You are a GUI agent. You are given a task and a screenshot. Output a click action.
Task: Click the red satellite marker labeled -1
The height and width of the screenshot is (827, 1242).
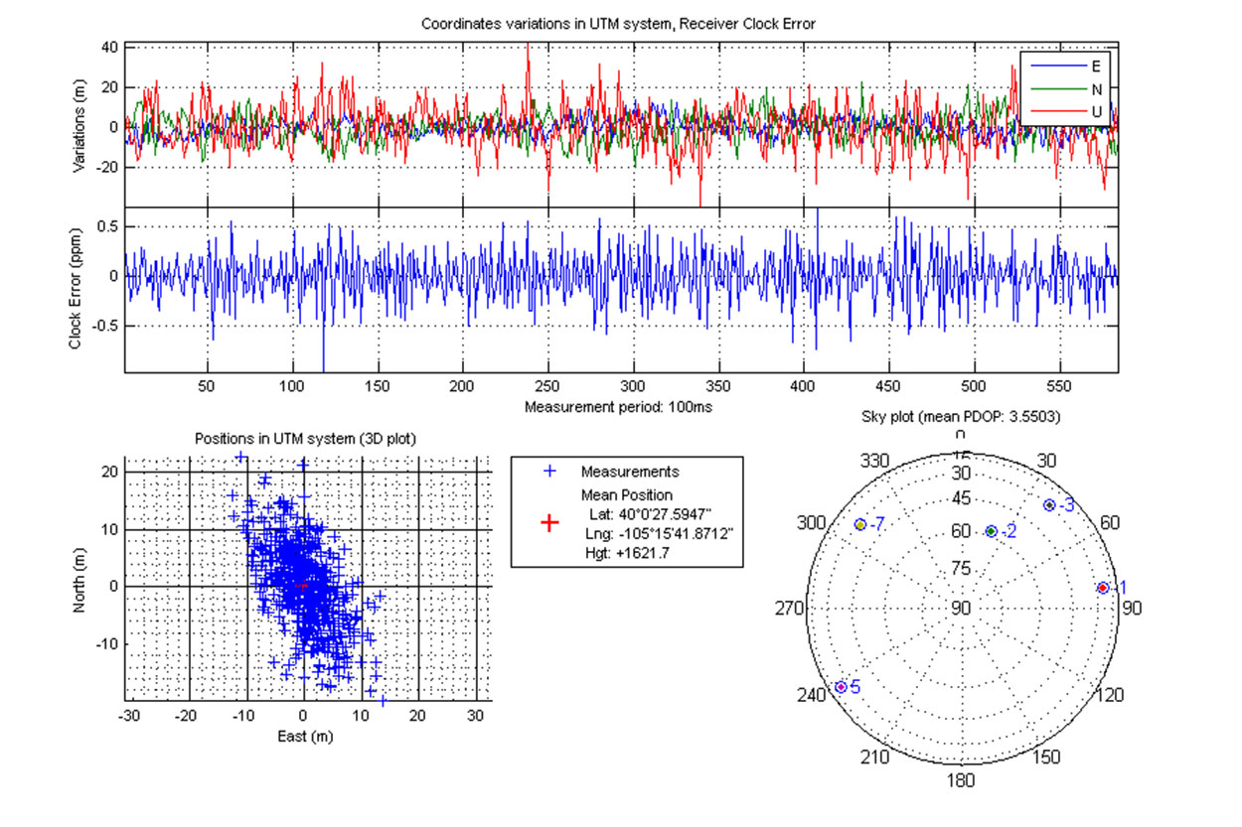click(1102, 588)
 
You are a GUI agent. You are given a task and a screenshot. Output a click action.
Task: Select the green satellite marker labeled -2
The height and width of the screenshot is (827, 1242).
click(991, 531)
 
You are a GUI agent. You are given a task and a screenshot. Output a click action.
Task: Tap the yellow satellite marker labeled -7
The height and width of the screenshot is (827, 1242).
click(860, 523)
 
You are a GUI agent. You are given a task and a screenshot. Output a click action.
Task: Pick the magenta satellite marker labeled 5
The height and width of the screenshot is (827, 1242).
click(841, 687)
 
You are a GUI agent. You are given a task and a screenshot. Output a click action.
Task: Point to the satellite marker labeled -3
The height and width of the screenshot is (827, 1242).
click(1049, 505)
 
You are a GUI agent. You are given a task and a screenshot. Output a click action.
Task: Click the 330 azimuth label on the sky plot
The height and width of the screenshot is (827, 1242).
click(875, 462)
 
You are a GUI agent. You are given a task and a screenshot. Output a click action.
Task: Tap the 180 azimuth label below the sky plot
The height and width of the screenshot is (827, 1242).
click(961, 780)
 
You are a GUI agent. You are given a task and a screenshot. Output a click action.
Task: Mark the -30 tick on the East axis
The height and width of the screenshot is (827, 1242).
click(130, 714)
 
